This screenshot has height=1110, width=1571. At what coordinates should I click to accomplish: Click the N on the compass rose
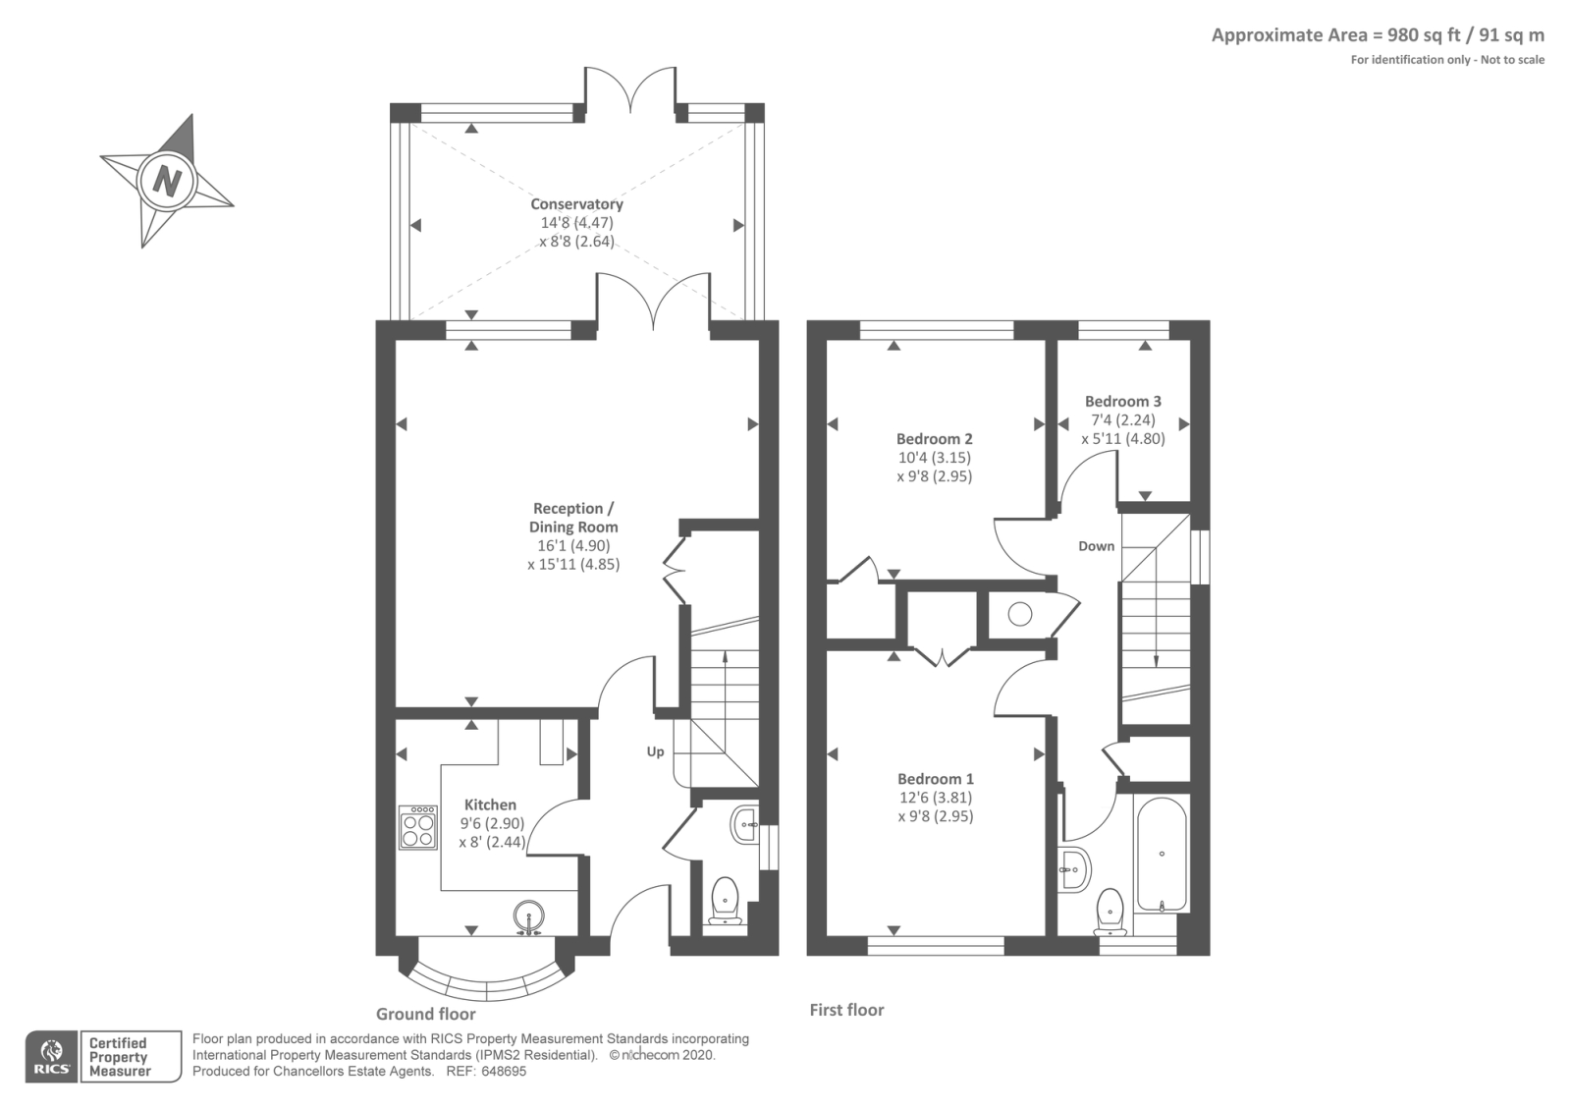(x=167, y=181)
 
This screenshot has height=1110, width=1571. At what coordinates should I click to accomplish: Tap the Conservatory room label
(x=576, y=204)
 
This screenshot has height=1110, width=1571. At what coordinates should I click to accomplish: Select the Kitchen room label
(x=490, y=805)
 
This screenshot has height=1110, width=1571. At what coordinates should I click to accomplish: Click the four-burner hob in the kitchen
(x=418, y=827)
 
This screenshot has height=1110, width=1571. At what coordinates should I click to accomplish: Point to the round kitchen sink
(x=529, y=916)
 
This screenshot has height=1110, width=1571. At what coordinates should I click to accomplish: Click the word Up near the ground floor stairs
(x=655, y=751)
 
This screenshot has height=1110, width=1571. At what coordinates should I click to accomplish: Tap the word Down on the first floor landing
(x=1096, y=546)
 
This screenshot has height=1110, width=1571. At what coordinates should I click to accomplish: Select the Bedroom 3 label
(x=1122, y=401)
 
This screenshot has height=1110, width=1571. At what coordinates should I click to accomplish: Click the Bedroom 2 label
(x=934, y=439)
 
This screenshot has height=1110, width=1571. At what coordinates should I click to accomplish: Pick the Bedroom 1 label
(x=935, y=779)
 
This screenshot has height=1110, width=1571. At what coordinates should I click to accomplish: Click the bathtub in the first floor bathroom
(x=1162, y=855)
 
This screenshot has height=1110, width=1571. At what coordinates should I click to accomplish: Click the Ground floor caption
(x=425, y=1014)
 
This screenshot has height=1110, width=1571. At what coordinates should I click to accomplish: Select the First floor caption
(x=846, y=1010)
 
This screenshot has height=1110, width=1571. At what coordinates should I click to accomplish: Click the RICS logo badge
(x=52, y=1057)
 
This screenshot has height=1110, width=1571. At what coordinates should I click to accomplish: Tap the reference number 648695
(x=502, y=1072)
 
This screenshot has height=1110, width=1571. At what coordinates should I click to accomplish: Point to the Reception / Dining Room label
(x=573, y=518)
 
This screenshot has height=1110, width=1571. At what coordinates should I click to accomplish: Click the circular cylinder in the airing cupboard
(x=1020, y=614)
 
